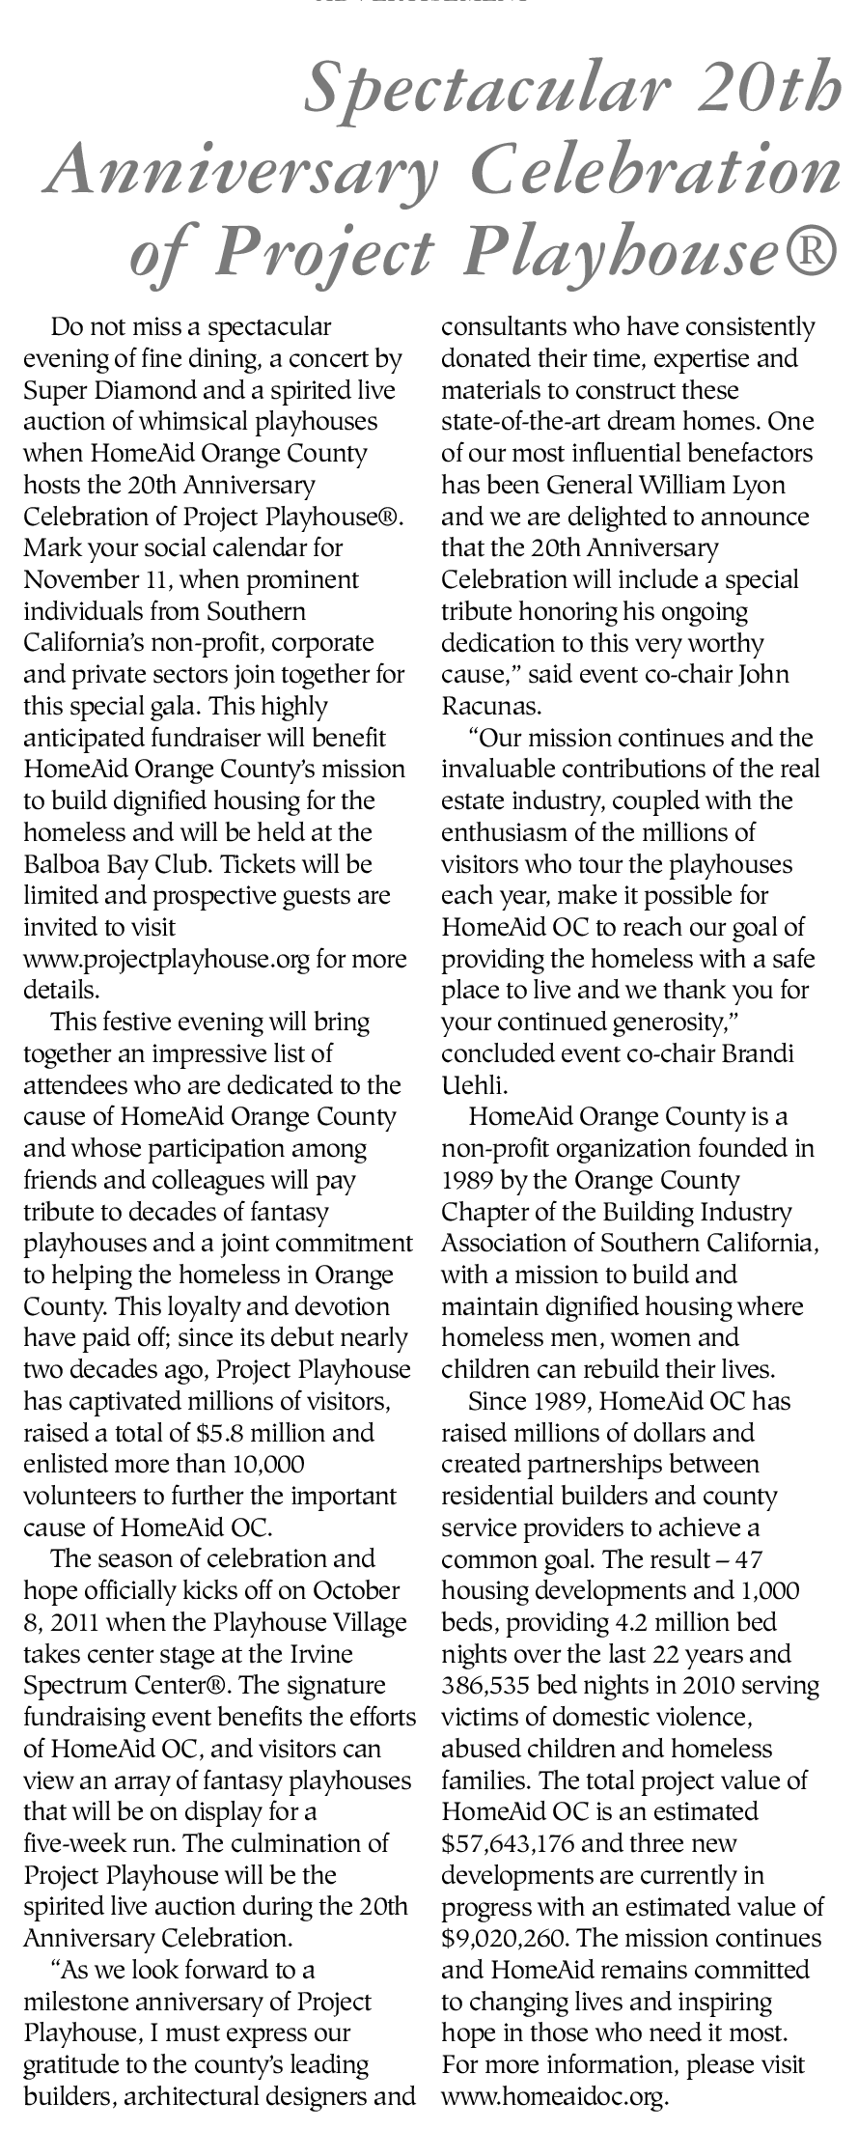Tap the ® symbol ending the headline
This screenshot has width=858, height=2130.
coord(815,252)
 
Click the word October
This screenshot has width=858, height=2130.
coord(362,1590)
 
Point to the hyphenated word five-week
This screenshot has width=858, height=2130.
coord(73,1842)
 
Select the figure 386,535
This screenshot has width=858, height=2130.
coord(487,1686)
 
